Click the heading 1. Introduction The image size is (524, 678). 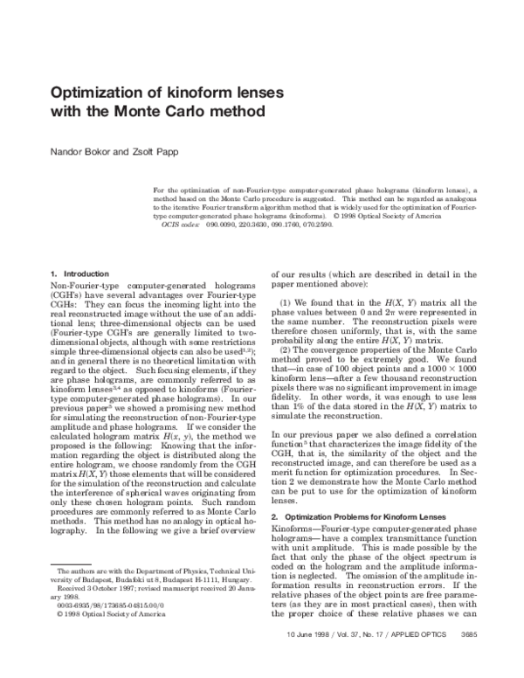tap(78, 273)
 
